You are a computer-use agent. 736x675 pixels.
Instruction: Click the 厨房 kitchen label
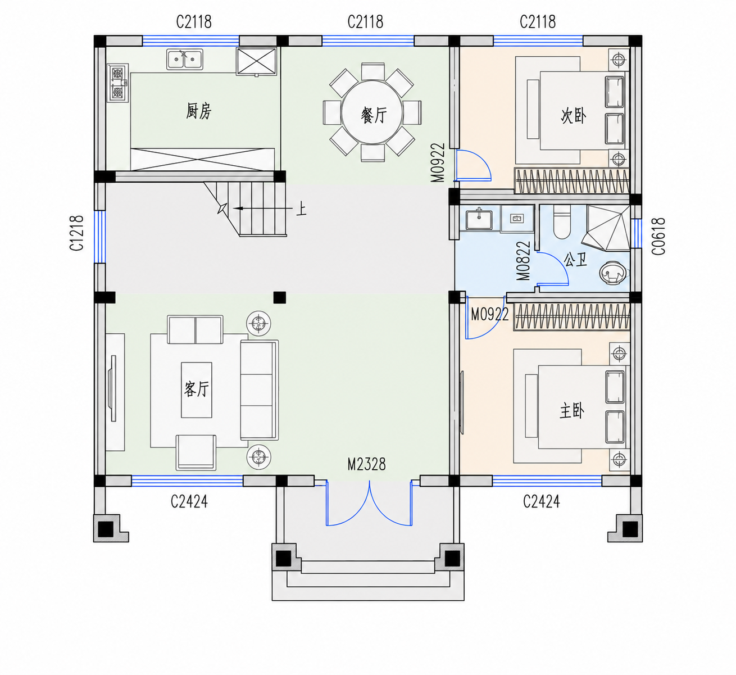pos(199,111)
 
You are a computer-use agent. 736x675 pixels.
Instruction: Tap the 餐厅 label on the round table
pos(374,116)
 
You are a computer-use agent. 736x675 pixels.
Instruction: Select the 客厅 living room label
pos(197,389)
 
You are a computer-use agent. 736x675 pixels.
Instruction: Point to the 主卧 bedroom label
pos(572,411)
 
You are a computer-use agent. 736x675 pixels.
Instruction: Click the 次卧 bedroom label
pos(574,116)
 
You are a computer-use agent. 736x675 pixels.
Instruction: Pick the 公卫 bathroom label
pos(576,260)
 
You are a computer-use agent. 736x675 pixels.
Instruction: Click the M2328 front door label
pos(366,464)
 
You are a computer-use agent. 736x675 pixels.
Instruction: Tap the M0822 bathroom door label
pos(524,261)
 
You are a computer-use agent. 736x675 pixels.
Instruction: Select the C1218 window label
pos(76,233)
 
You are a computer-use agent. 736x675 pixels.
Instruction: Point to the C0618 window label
pos(658,236)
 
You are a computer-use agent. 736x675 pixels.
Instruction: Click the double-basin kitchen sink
pos(184,59)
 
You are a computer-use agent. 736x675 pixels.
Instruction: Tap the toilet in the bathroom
pos(562,221)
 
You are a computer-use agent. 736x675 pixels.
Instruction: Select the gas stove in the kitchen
pos(118,83)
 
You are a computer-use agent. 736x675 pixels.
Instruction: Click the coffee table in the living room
pos(197,390)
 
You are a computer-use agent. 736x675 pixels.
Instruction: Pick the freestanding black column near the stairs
pos(280,297)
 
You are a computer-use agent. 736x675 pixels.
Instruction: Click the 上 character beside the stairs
pos(301,209)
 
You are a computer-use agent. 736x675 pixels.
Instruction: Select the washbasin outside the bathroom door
pos(479,219)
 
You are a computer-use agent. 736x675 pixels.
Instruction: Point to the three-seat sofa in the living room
pos(260,390)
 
